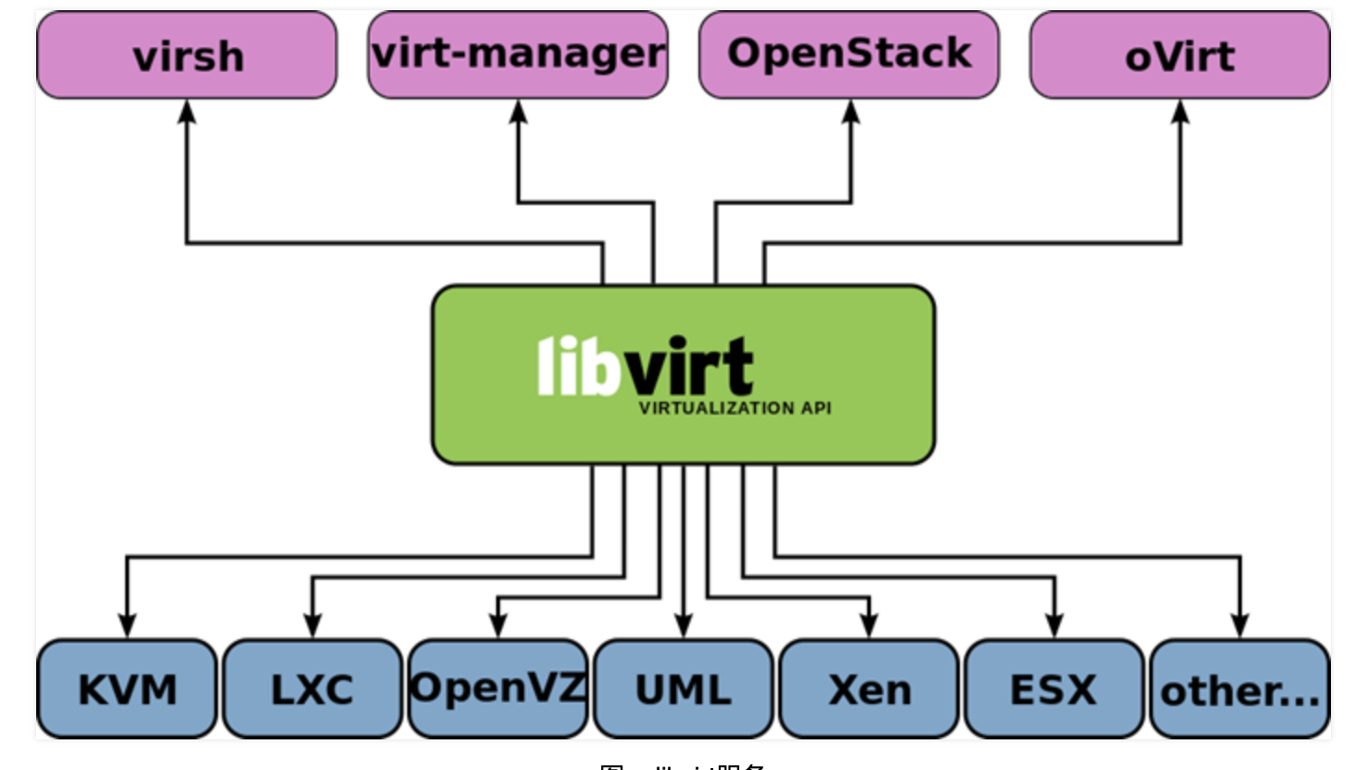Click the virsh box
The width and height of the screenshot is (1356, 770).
pyautogui.click(x=187, y=56)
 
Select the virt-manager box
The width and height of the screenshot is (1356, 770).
pyautogui.click(x=518, y=54)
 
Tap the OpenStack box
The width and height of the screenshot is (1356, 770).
pyautogui.click(x=849, y=54)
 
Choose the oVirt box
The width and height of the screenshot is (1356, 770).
pyautogui.click(x=1180, y=56)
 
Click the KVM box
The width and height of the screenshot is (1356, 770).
pyautogui.click(x=127, y=689)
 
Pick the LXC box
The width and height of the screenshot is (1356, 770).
pyautogui.click(x=313, y=689)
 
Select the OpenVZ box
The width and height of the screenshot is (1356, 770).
pyautogui.click(x=498, y=688)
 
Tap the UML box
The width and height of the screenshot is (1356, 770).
pyautogui.click(x=684, y=689)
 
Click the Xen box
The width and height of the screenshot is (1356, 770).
pyautogui.click(x=869, y=689)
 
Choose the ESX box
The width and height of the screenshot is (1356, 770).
pyautogui.click(x=1054, y=689)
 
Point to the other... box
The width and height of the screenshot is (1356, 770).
pyautogui.click(x=1240, y=690)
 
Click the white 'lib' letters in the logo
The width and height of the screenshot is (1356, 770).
pyautogui.click(x=578, y=366)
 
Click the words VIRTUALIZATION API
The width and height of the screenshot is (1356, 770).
pyautogui.click(x=735, y=408)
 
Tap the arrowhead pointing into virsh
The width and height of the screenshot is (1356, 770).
pyautogui.click(x=187, y=112)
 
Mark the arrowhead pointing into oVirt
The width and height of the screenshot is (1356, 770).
pyautogui.click(x=1180, y=112)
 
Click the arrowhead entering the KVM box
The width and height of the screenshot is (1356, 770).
pyautogui.click(x=127, y=625)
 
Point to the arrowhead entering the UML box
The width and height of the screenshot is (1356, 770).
pyautogui.click(x=684, y=625)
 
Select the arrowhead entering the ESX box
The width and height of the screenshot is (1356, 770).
pyautogui.click(x=1054, y=625)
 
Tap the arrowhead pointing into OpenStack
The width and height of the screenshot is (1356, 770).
pyautogui.click(x=851, y=112)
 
